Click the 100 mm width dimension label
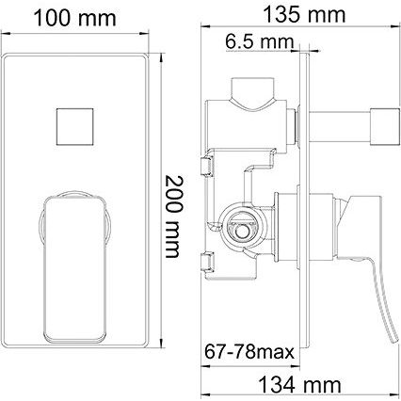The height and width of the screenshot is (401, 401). [x=74, y=19]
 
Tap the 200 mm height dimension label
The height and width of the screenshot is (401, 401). [x=172, y=217]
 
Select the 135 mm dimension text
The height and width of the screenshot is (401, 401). [x=304, y=15]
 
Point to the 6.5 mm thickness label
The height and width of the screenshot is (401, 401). [x=259, y=41]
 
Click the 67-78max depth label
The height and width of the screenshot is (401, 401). [x=249, y=352]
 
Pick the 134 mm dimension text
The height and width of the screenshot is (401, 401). [x=299, y=385]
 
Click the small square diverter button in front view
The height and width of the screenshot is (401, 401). [x=75, y=127]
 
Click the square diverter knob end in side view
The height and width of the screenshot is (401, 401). [x=385, y=127]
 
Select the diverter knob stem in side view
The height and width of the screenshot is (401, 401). [x=340, y=127]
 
